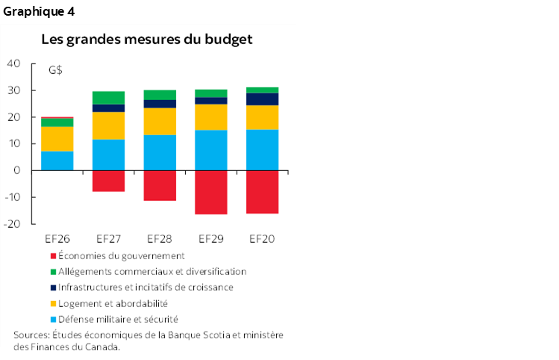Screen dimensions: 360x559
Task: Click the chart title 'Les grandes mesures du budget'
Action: [x=146, y=39]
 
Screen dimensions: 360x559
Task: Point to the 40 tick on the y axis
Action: [x=13, y=64]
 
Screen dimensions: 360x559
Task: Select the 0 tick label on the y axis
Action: [x=16, y=171]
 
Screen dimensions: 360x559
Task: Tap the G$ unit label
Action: [x=55, y=71]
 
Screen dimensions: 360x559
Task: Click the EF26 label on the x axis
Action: [x=57, y=240]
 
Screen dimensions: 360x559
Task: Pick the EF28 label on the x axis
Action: [x=160, y=240]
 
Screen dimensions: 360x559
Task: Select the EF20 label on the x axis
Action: [x=262, y=240]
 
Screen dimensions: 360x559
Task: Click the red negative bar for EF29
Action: [x=211, y=192]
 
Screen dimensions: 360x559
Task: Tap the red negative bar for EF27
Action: [x=109, y=181]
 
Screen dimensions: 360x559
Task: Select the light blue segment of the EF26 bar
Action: [x=57, y=161]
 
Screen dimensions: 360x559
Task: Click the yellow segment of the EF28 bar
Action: [x=160, y=121]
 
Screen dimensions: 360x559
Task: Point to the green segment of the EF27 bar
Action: [x=109, y=98]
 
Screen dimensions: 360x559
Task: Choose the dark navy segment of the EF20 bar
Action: [x=262, y=99]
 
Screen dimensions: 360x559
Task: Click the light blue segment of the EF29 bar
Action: [x=211, y=150]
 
